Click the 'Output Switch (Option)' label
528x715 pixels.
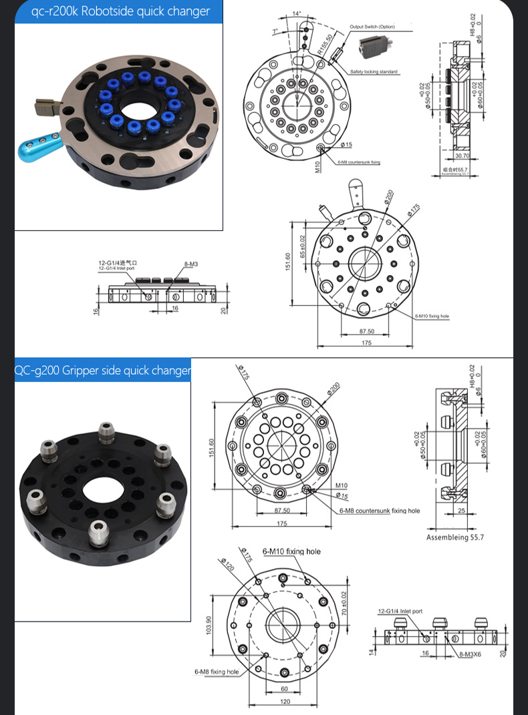point(372,27)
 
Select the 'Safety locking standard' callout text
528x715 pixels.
point(374,71)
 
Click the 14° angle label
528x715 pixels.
point(297,13)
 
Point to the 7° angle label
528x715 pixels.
point(275,32)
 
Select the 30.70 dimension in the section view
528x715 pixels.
point(462,155)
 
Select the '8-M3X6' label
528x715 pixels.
point(471,658)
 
